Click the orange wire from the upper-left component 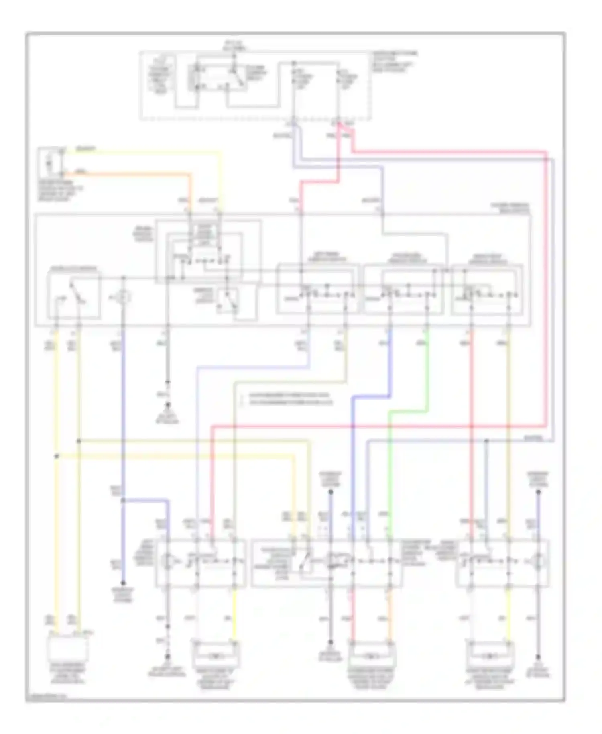(128, 174)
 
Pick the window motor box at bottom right (490, 657)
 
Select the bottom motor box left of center (216, 657)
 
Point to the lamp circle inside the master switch (124, 297)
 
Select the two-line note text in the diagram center (287, 398)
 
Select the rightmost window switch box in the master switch (487, 289)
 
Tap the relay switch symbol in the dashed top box (237, 76)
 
